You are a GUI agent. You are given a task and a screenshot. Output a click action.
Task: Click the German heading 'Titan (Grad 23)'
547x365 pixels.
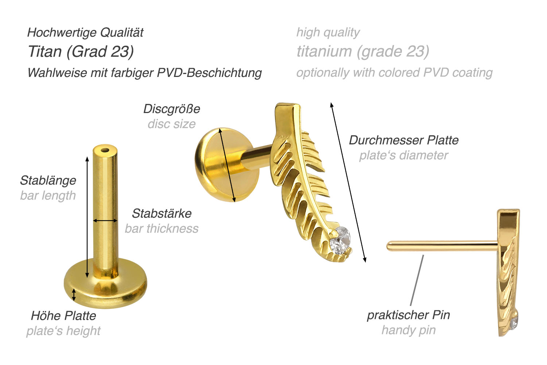point(81,52)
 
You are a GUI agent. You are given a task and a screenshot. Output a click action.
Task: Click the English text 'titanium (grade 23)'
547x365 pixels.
point(363,52)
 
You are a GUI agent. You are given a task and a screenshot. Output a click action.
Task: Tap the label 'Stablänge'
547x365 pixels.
point(48,180)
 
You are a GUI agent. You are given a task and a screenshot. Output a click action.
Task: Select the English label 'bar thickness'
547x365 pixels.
point(162,229)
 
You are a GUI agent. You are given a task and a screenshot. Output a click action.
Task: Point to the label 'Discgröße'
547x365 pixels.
point(172,109)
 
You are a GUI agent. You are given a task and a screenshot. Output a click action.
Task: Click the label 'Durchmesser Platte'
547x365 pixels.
point(404,140)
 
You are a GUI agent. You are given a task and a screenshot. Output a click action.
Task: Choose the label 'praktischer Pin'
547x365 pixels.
point(408,315)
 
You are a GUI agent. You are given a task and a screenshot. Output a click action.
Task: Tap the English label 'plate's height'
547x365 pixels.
point(63,331)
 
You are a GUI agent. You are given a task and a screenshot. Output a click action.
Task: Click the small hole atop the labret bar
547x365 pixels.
point(105,150)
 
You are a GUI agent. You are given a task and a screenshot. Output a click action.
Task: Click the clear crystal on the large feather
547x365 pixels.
point(340,241)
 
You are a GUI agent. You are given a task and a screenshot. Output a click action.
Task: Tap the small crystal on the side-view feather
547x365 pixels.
point(514,323)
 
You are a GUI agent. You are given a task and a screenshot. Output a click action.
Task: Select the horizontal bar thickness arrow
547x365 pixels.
point(105,221)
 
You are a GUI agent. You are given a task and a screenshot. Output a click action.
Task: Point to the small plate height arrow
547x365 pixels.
point(74,295)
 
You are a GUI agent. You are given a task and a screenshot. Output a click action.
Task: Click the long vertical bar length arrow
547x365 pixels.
point(87,217)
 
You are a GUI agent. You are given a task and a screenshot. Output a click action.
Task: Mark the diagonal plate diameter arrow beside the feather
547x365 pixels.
point(349,183)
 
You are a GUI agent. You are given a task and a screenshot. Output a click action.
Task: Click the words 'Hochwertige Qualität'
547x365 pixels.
point(85,33)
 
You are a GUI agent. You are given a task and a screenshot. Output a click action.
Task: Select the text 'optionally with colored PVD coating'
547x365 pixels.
point(394,73)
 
